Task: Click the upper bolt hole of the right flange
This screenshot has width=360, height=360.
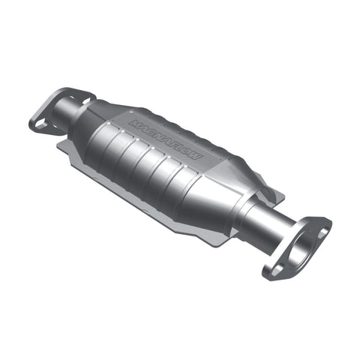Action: [322, 232]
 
